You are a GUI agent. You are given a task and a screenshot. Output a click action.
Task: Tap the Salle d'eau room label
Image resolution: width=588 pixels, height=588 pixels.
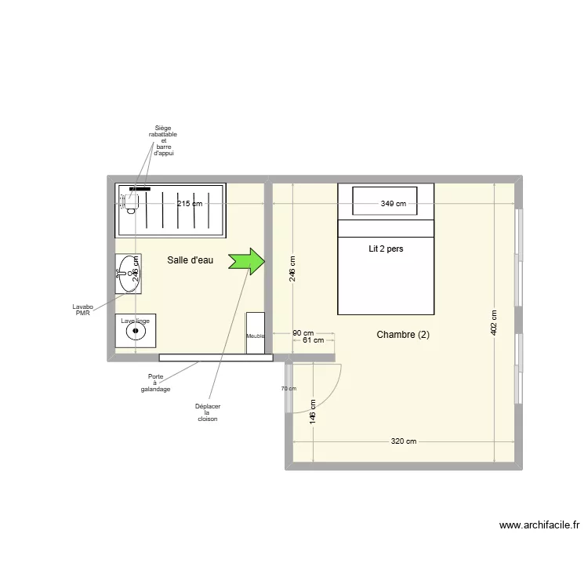pos(190,260)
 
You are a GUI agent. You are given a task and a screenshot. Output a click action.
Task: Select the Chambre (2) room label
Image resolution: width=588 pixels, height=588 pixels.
pos(403,334)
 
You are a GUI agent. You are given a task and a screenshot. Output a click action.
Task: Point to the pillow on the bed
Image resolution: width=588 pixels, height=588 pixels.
pos(385,201)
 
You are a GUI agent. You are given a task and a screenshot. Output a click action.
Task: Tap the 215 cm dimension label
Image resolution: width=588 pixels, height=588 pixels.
pos(189,204)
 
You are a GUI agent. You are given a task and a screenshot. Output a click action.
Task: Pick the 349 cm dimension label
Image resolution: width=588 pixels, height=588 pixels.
pos(394,204)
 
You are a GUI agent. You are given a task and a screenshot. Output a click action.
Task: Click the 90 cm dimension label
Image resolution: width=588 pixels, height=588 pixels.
pos(303,332)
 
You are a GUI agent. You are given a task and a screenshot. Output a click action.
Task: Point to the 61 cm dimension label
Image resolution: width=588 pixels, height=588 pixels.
pos(313,340)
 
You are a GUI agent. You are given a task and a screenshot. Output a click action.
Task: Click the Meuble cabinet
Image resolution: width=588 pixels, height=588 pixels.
pos(256,333)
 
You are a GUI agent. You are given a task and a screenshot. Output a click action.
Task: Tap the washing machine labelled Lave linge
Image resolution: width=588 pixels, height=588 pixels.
pos(136,330)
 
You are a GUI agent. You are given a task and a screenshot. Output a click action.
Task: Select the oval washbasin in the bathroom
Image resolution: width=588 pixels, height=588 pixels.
pos(129,273)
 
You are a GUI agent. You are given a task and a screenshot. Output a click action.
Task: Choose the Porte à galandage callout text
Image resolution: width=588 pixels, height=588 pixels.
pos(155,383)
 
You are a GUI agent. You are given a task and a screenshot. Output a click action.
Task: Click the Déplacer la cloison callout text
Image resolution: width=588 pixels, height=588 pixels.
pos(207,412)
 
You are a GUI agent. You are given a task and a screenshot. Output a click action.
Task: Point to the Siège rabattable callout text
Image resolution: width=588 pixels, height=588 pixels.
pos(163,140)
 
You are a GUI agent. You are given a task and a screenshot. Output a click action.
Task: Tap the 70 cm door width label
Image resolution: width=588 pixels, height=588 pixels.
pos(288,387)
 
